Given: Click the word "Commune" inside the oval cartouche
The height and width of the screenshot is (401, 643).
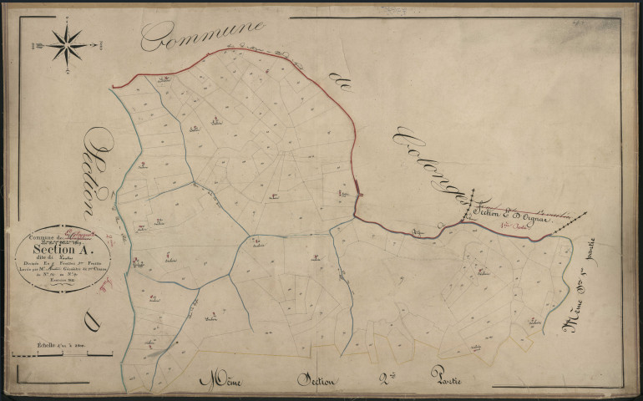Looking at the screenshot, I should [43, 236].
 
